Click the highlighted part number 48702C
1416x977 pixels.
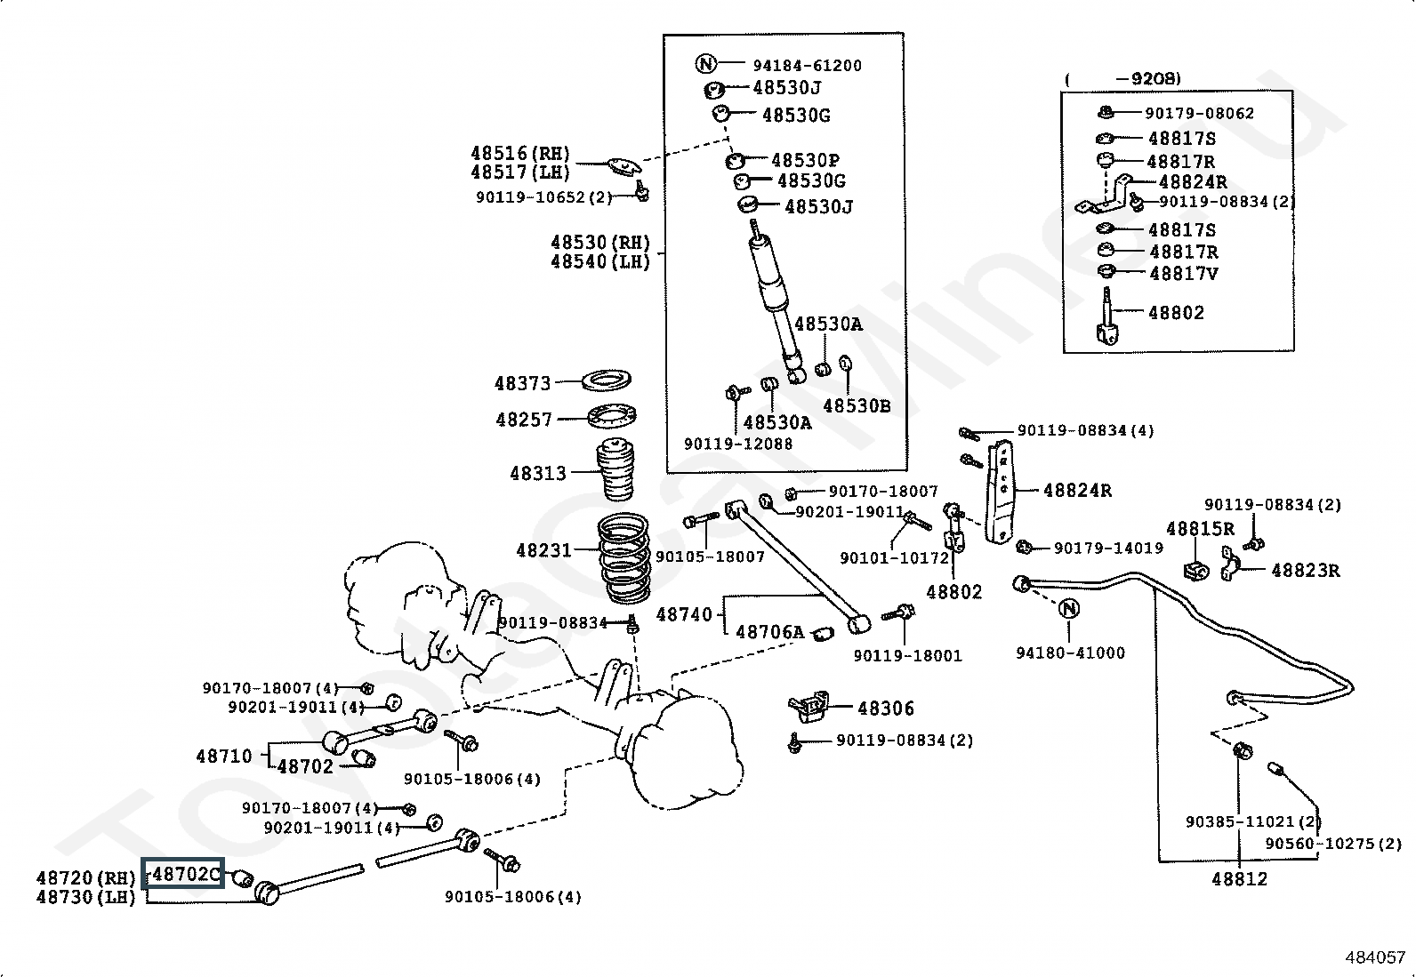185,874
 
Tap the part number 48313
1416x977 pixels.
537,473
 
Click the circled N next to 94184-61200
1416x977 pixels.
704,63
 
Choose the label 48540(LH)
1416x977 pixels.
600,261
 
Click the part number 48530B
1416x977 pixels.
856,405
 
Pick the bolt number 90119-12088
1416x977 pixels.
737,443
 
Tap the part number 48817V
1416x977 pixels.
1183,273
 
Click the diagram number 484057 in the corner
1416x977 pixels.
1375,957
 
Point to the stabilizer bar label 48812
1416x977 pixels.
1239,878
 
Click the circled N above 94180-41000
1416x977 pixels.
1070,608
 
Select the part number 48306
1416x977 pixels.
886,708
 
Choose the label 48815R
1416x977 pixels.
1200,528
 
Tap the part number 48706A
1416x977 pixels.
770,632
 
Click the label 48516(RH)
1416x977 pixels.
520,153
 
